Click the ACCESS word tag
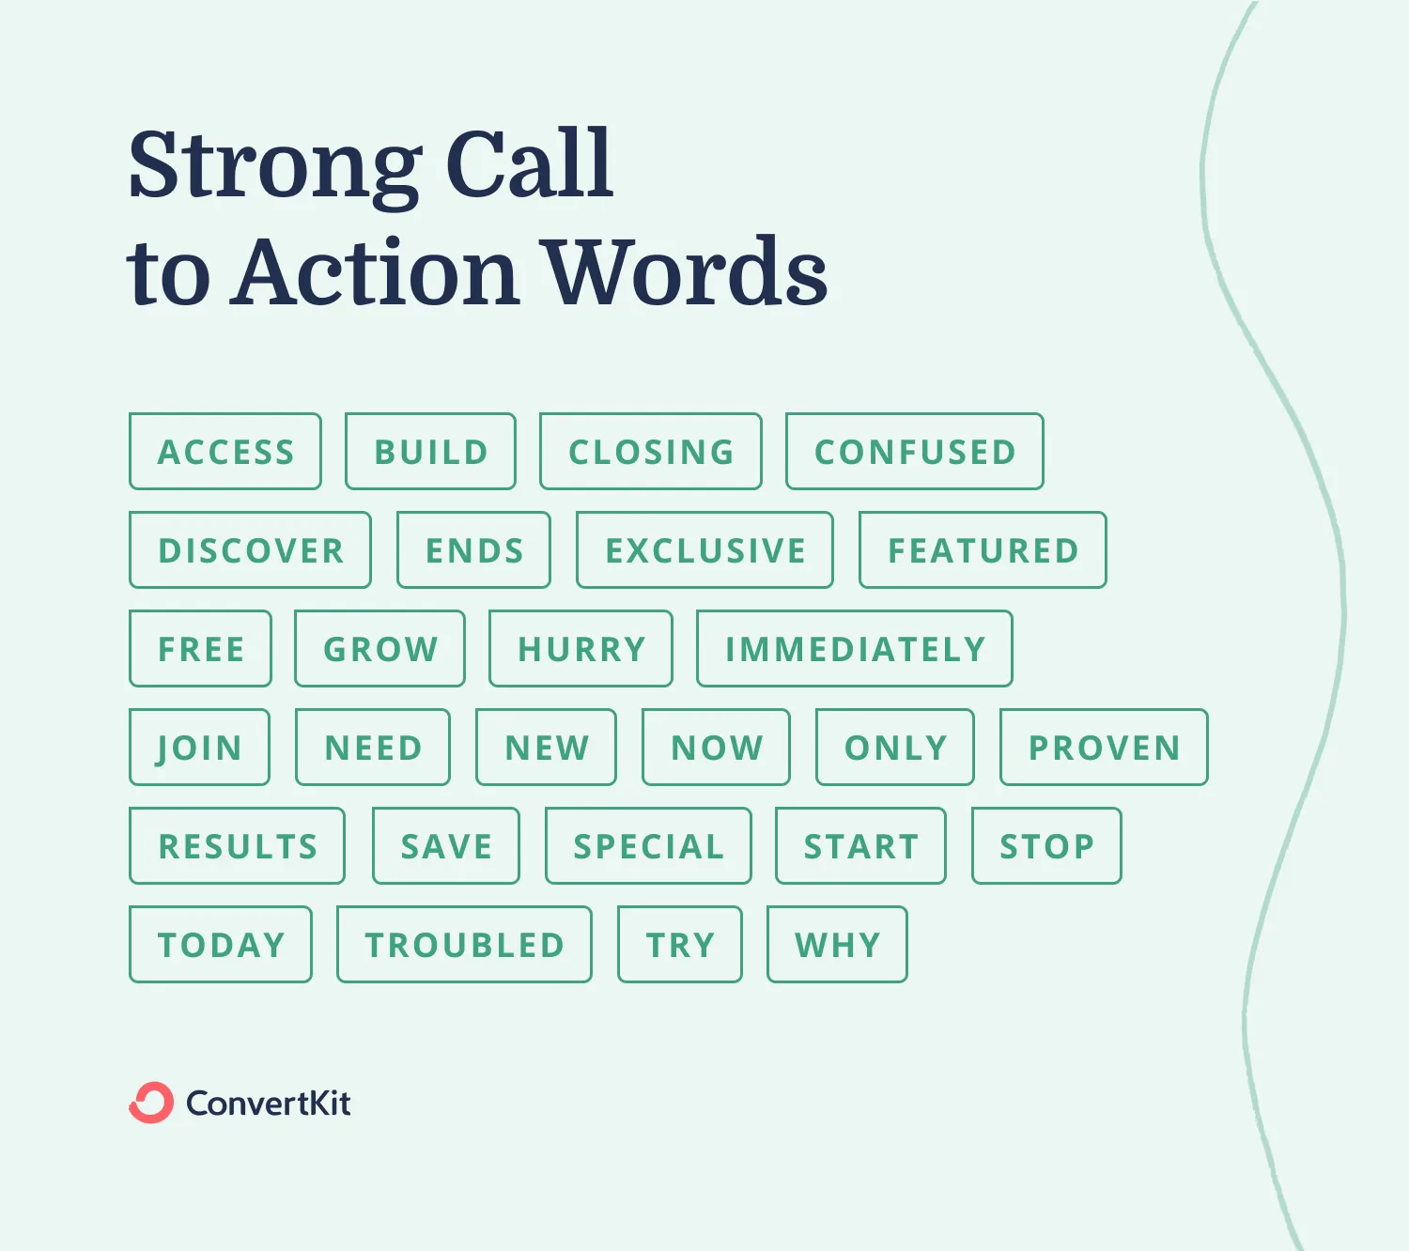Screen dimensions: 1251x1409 click(225, 452)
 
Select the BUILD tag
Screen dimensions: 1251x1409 click(430, 452)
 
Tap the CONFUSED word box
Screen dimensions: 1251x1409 click(915, 452)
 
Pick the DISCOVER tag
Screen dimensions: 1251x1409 click(251, 550)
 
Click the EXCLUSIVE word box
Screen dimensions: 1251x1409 click(704, 550)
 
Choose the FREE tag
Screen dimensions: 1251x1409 click(201, 649)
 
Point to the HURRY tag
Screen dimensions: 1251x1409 click(581, 649)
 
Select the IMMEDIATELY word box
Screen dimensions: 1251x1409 click(855, 649)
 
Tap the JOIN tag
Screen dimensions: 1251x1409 click(199, 748)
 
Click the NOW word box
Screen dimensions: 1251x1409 click(717, 748)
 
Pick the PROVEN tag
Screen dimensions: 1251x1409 click(1104, 748)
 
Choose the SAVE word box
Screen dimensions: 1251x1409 click(446, 846)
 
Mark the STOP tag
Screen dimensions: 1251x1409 click(1046, 846)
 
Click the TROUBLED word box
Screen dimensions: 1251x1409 click(464, 945)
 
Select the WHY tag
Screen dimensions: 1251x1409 click(837, 945)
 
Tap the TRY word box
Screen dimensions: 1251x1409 click(680, 945)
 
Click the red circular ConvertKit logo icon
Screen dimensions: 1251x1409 click(151, 1103)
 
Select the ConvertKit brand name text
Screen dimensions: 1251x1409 click(269, 1103)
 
